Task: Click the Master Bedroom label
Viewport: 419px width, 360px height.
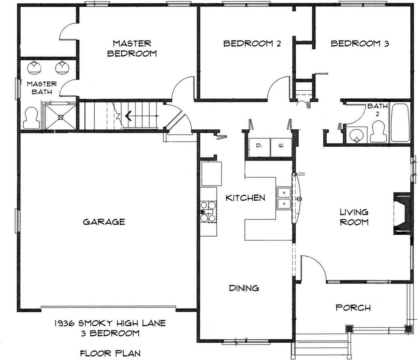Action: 132,48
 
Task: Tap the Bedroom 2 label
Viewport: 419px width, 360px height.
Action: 252,43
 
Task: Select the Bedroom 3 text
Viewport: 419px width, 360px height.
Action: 360,43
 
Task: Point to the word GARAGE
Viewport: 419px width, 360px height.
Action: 104,222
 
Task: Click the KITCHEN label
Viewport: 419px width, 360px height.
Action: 245,198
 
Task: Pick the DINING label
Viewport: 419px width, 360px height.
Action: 244,288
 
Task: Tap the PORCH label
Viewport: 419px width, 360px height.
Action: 353,307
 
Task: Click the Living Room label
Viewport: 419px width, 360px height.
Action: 354,217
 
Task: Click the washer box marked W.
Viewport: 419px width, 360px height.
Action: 281,148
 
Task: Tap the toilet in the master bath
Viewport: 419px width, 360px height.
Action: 31,118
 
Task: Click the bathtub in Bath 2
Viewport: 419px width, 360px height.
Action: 400,123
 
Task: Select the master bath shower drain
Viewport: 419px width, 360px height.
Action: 61,117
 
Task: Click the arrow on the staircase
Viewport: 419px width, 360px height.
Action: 128,116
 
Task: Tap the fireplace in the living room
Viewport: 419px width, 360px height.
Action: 402,214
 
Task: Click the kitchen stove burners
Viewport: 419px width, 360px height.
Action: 208,211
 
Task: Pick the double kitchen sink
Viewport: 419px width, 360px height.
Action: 284,198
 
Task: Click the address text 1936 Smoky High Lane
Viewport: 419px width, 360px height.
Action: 110,323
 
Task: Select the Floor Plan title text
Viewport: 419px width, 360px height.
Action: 110,353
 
